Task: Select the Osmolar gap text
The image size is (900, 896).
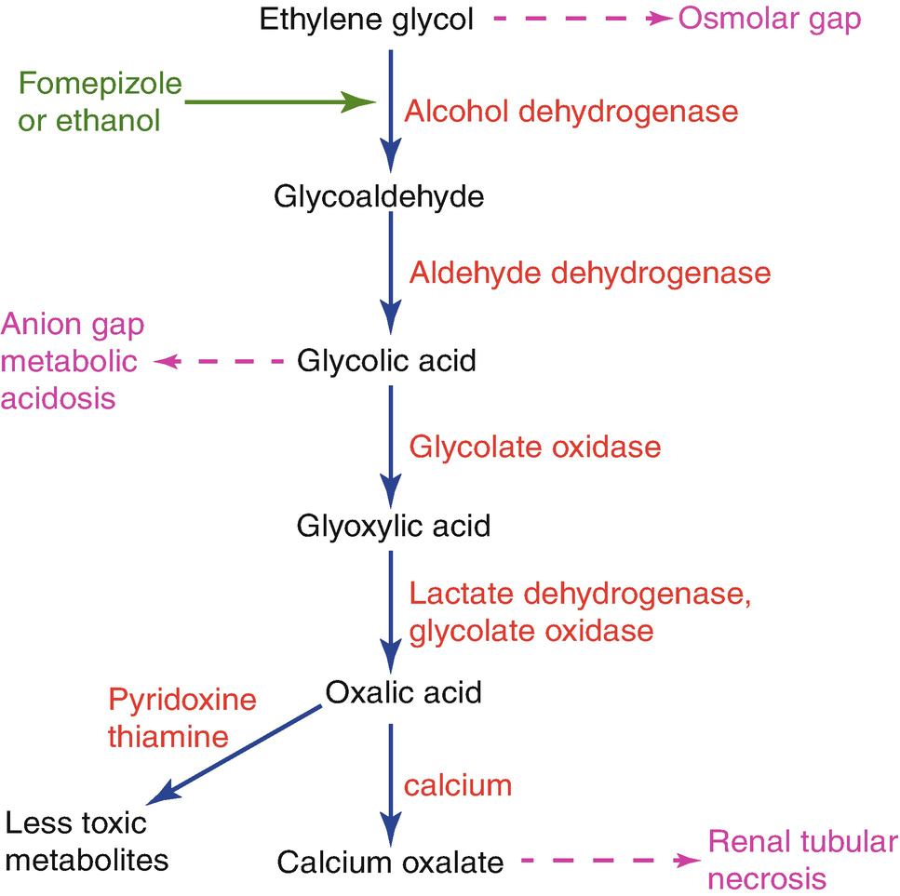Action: (x=770, y=20)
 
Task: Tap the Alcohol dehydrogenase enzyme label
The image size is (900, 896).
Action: (x=571, y=112)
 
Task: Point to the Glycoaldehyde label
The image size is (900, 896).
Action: (x=379, y=196)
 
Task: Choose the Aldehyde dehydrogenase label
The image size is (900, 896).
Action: (x=590, y=274)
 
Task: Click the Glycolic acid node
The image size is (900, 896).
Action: (x=386, y=361)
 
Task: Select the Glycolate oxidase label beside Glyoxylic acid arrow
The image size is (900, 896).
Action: (x=535, y=447)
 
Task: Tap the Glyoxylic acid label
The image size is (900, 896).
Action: (x=393, y=527)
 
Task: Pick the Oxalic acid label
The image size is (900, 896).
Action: (x=404, y=693)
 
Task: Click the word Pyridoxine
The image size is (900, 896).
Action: (x=182, y=700)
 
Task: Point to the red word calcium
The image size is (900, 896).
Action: (x=458, y=785)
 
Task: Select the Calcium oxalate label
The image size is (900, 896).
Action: (x=390, y=863)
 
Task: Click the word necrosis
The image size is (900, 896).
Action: (x=767, y=878)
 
